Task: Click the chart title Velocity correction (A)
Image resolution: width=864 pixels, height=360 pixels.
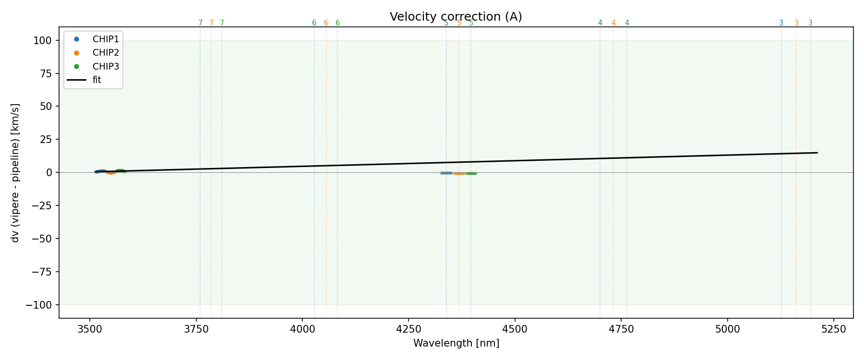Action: [x=456, y=17]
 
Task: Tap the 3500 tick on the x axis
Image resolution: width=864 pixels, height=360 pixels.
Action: [x=90, y=329]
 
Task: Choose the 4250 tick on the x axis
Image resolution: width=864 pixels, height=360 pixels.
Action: [x=408, y=329]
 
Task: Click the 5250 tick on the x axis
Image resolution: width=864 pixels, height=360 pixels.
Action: [x=833, y=329]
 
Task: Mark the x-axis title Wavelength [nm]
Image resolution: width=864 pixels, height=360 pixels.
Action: [x=456, y=343]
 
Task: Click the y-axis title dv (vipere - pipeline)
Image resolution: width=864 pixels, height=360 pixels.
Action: [x=15, y=173]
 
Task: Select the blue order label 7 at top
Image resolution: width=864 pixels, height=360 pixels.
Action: [x=200, y=23]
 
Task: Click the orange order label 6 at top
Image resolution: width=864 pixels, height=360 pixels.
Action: [x=326, y=23]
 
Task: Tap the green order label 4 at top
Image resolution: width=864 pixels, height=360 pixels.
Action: [x=627, y=23]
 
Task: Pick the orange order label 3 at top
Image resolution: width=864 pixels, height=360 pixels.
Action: [x=796, y=23]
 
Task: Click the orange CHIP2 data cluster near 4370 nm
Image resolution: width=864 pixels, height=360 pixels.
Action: [x=459, y=173]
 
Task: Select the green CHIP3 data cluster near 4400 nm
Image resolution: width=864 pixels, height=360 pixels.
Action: [x=471, y=173]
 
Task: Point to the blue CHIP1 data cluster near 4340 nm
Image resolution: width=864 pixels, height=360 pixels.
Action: [x=446, y=173]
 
